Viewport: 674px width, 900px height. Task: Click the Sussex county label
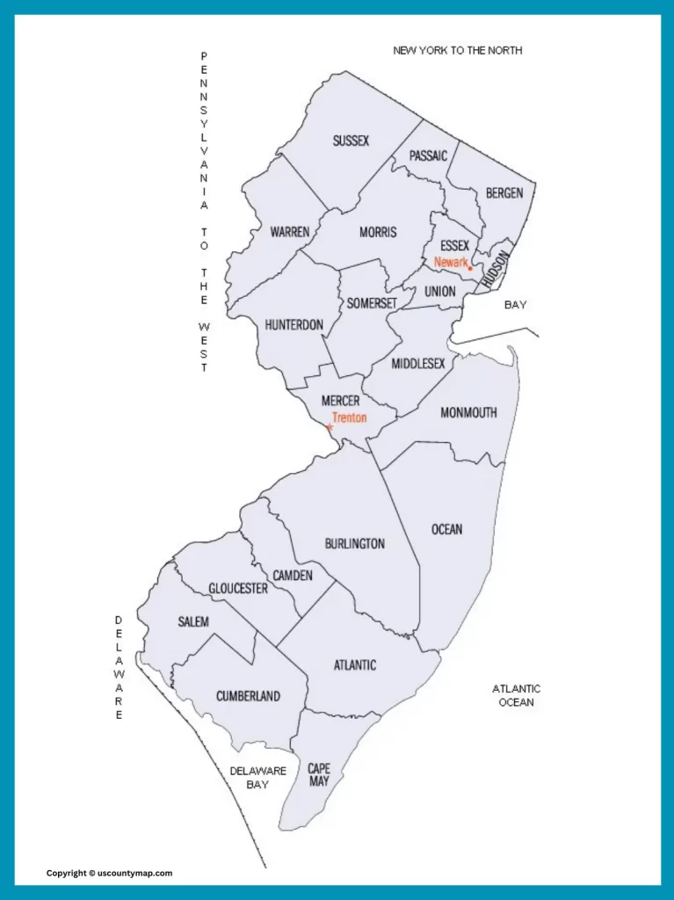coord(351,141)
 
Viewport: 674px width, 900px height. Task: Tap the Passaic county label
coord(428,156)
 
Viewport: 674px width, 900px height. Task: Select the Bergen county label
coord(504,192)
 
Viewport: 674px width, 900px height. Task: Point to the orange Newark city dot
coord(470,268)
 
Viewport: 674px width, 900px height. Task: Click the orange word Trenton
coord(349,418)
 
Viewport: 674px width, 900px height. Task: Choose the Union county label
coord(439,291)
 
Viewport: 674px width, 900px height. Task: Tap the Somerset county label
coord(372,303)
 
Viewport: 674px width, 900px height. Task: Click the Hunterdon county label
coord(294,325)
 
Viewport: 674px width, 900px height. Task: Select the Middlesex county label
coord(418,363)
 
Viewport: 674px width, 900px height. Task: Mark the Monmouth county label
coord(468,412)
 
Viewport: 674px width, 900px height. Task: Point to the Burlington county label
coord(354,543)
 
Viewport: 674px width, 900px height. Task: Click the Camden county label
coord(293,575)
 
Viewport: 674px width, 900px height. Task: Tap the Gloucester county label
coord(238,588)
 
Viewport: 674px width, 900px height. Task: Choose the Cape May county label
coord(319,774)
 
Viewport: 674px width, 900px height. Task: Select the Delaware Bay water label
coord(258,777)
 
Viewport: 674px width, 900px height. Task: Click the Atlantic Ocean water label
coord(516,695)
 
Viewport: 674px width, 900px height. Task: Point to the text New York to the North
coord(457,50)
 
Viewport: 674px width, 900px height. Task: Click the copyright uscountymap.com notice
coord(109,873)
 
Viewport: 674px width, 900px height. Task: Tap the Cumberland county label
coord(248,696)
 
